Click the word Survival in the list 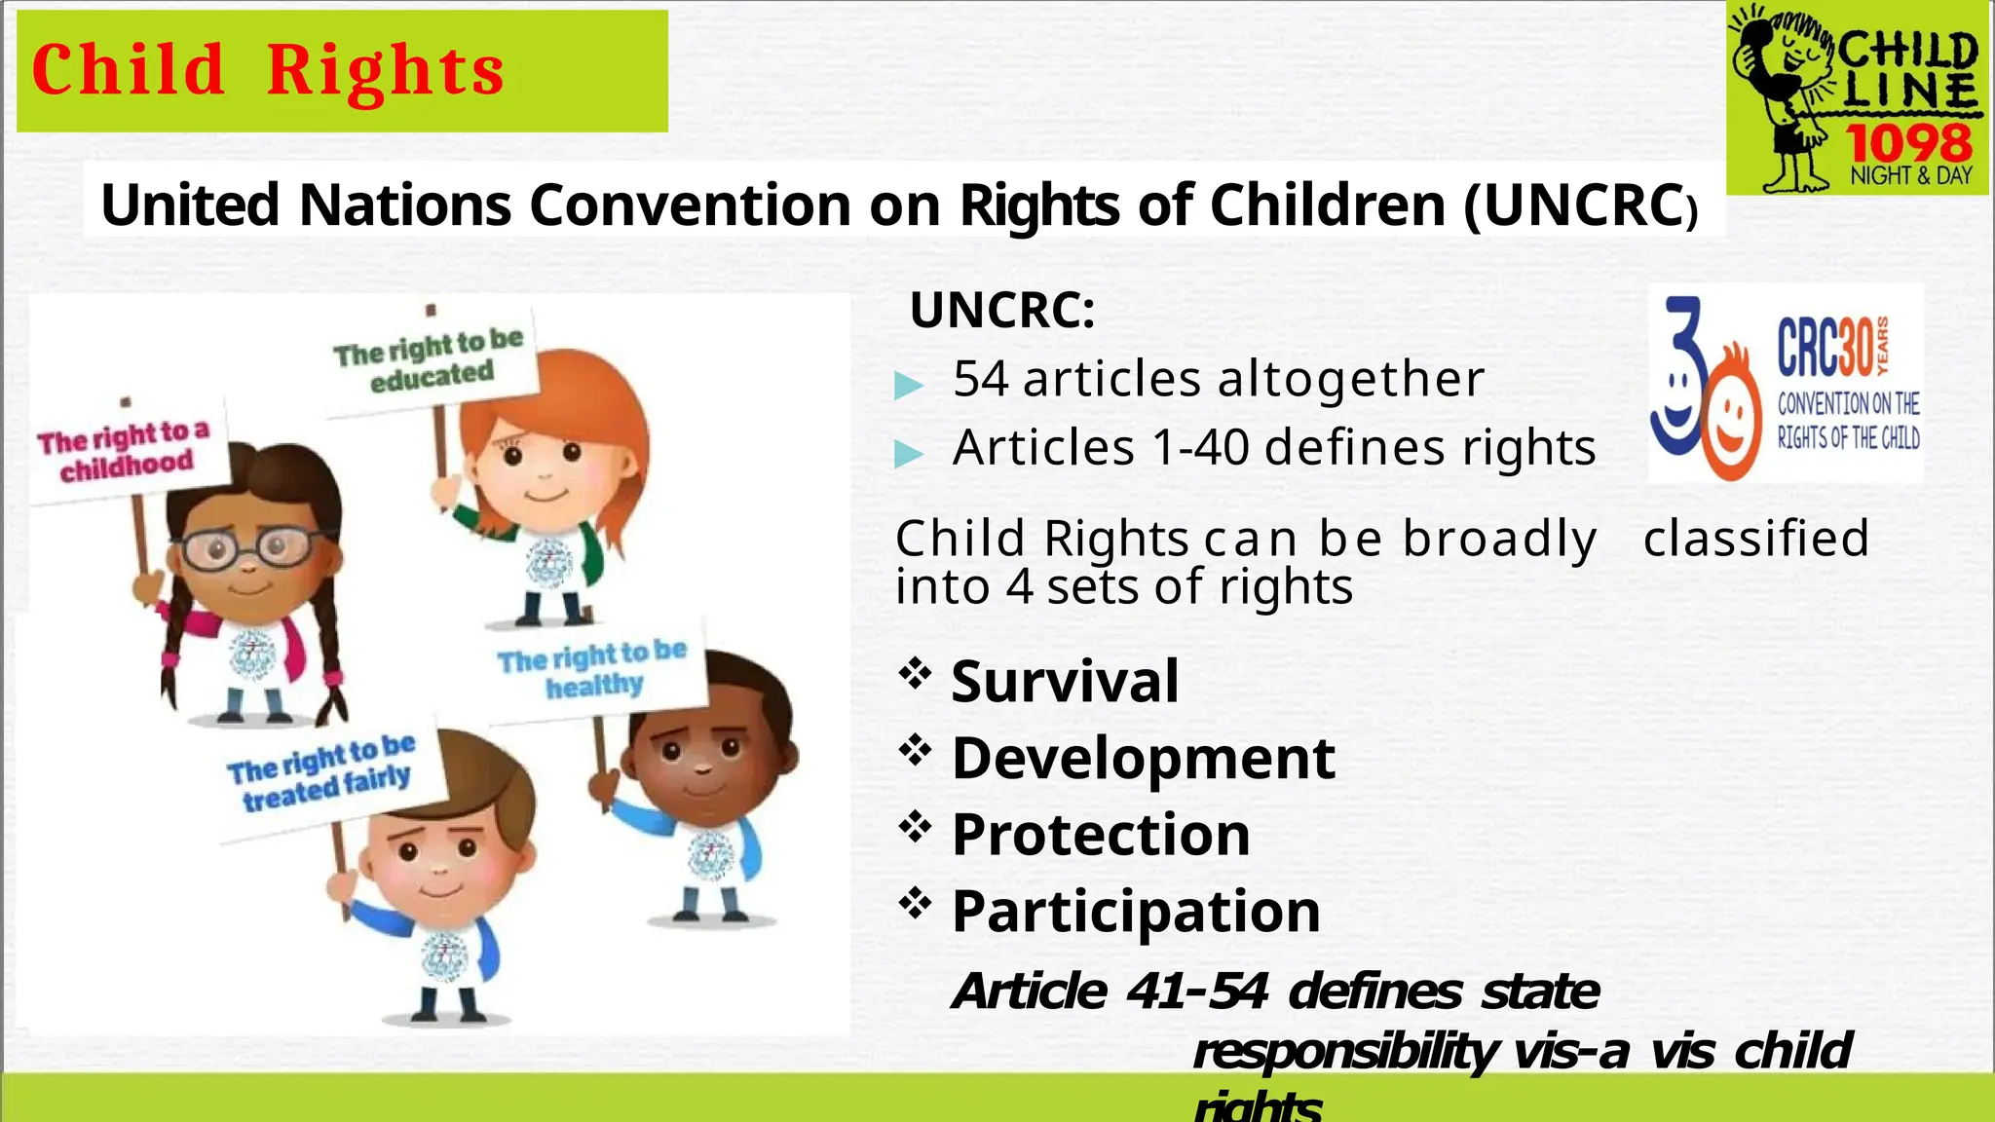coord(1064,681)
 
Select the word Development coord(1143,758)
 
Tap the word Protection coord(1101,835)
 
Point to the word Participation coord(1136,912)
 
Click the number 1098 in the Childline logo coord(1909,144)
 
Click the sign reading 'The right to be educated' coord(429,360)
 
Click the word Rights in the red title coord(385,71)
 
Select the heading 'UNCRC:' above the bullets coord(1001,310)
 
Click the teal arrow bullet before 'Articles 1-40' coord(908,453)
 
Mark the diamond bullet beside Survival coord(915,674)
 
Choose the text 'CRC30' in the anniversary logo coord(1825,347)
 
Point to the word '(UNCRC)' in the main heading coord(1580,206)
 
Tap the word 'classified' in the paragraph coord(1755,538)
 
